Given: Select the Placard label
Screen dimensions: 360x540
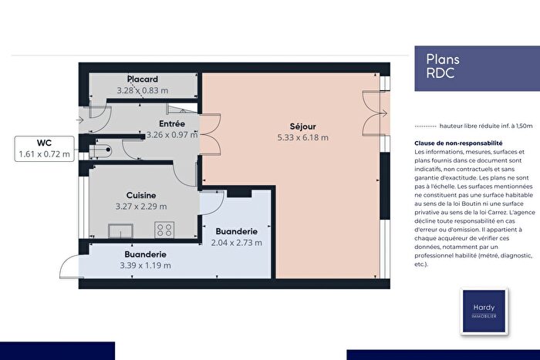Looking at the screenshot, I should pos(143,79).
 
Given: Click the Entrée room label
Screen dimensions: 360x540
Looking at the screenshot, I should pos(171,123).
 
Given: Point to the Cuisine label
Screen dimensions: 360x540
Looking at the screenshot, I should pos(142,196).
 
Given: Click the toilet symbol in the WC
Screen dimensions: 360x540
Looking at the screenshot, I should pos(103,150).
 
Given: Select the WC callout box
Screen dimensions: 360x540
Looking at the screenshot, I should pos(44,149).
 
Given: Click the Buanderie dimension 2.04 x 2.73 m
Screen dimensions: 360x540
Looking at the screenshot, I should pos(237,242).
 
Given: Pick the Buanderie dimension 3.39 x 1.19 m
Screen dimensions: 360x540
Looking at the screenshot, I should pos(145,265).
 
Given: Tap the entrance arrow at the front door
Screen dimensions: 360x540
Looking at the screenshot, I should pos(80,119).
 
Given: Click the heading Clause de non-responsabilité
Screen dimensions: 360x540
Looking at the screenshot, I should pos(458,143).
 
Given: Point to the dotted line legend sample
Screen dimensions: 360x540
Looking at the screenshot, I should pos(425,126).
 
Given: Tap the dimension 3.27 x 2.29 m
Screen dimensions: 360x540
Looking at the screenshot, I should pos(142,207).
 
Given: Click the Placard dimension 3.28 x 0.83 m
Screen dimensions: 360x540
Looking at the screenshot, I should pos(143,90).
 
